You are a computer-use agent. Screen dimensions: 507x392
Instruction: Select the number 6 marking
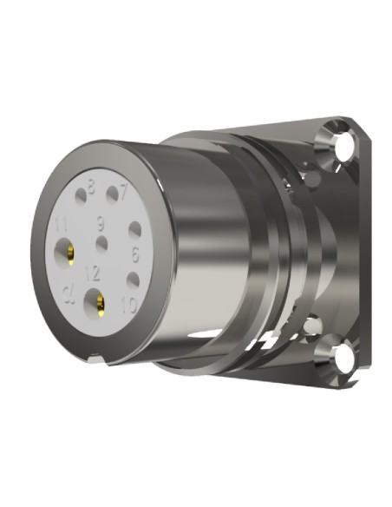coord(135,255)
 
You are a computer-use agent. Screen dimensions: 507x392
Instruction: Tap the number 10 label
coord(130,304)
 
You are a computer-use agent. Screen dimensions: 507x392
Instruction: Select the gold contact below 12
coord(97,303)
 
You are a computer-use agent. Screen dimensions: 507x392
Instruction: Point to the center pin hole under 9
coord(102,242)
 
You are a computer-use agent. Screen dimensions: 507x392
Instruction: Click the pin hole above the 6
coord(134,231)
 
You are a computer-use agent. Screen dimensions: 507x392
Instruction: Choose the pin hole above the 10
coord(130,280)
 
